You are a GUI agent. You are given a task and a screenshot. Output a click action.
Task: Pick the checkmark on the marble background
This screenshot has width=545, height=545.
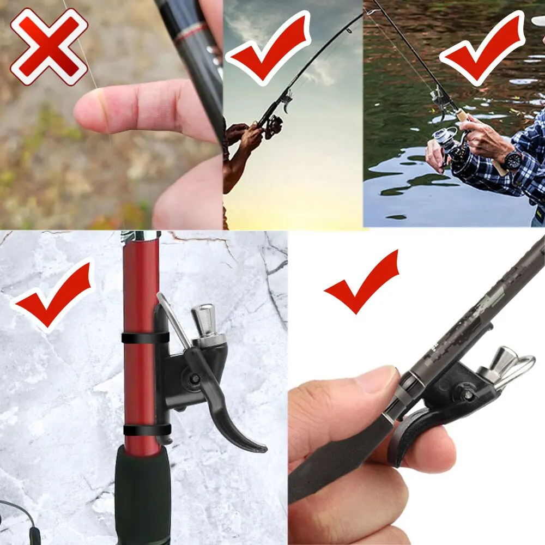55,294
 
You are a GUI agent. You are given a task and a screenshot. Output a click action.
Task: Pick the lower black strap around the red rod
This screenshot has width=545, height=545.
146,430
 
